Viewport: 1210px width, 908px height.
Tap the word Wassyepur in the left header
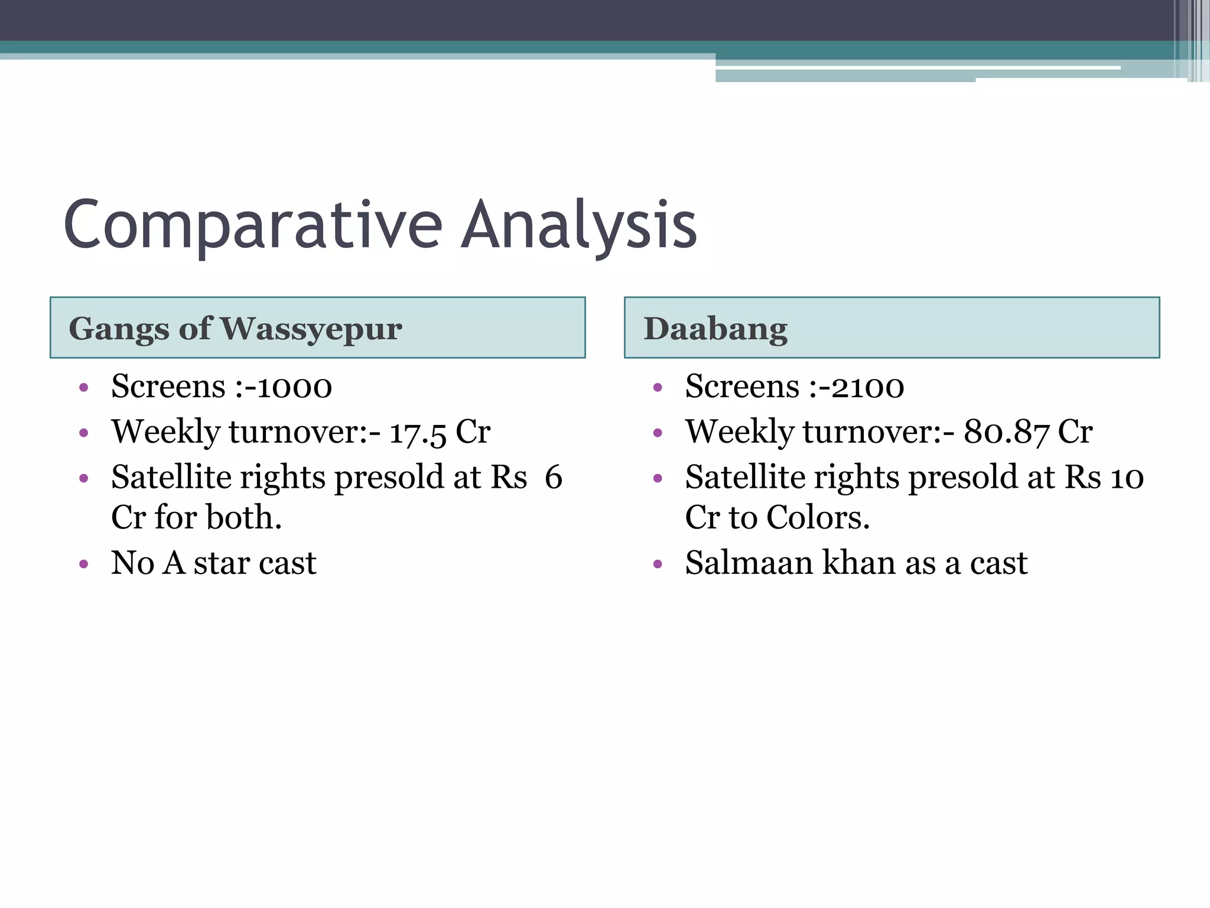click(311, 329)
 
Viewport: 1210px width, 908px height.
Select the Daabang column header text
click(715, 329)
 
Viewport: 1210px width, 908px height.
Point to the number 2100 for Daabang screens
click(867, 388)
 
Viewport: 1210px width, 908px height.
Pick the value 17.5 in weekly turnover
click(418, 433)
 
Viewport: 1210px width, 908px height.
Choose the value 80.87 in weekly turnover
click(1006, 433)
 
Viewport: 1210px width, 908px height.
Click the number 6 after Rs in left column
click(553, 478)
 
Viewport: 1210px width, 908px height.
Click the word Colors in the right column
click(818, 518)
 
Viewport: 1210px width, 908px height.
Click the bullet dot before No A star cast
click(84, 565)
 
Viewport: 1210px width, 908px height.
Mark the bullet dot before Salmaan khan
click(658, 565)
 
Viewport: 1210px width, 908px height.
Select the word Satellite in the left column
click(171, 478)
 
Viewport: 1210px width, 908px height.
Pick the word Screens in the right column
click(742, 388)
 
